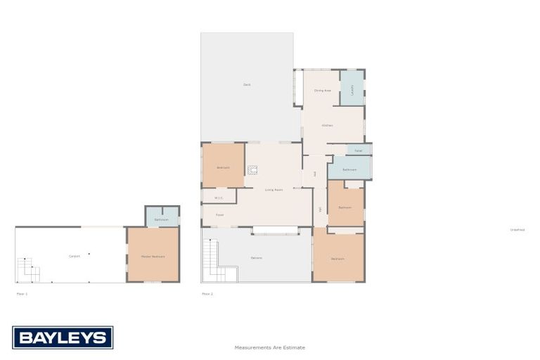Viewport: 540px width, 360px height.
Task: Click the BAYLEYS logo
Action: click(63, 337)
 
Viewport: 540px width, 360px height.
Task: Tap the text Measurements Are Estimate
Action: click(270, 347)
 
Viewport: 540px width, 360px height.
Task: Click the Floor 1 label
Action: click(22, 293)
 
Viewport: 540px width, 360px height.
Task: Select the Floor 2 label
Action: click(207, 293)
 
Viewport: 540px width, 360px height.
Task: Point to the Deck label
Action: click(247, 85)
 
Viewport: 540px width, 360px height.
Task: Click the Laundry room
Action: click(352, 90)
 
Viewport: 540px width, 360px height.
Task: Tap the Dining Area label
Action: click(323, 90)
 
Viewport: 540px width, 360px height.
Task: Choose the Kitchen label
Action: click(327, 125)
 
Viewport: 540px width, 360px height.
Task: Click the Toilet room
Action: click(358, 150)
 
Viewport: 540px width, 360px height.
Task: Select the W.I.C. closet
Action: click(219, 198)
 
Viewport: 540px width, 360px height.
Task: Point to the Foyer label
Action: click(219, 214)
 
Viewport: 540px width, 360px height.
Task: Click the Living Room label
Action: click(274, 190)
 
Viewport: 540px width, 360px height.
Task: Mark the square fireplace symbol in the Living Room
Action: click(252, 169)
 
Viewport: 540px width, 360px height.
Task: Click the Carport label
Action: click(74, 256)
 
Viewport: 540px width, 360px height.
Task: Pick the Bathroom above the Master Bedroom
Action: click(161, 219)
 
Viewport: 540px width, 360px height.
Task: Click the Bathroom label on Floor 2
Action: click(349, 169)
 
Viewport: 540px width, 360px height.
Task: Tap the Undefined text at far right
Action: click(517, 229)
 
